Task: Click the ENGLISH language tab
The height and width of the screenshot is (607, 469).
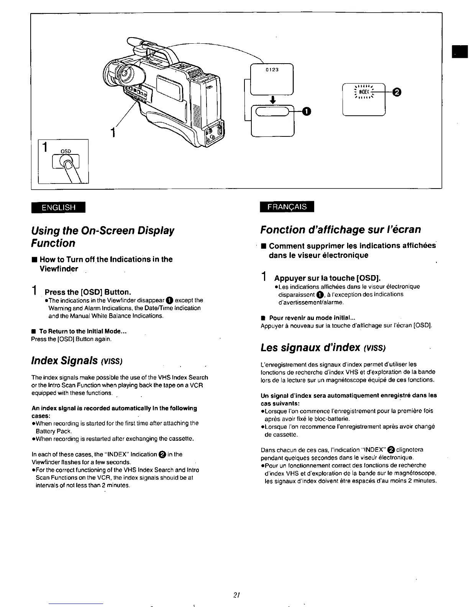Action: (x=59, y=207)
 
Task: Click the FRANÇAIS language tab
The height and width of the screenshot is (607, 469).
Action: (x=287, y=207)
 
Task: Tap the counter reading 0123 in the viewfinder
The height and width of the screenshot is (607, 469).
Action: (x=272, y=70)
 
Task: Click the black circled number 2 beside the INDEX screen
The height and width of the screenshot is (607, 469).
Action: (x=397, y=92)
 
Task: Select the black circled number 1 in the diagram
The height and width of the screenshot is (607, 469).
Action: (x=306, y=111)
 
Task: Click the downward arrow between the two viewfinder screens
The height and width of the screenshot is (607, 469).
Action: (x=272, y=100)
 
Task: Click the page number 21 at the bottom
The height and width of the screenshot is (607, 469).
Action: (x=236, y=595)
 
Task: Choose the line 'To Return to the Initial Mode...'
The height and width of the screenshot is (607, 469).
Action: (x=83, y=331)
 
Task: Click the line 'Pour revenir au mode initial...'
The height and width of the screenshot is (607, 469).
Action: (x=312, y=318)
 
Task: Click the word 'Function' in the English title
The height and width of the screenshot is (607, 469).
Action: (x=53, y=243)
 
